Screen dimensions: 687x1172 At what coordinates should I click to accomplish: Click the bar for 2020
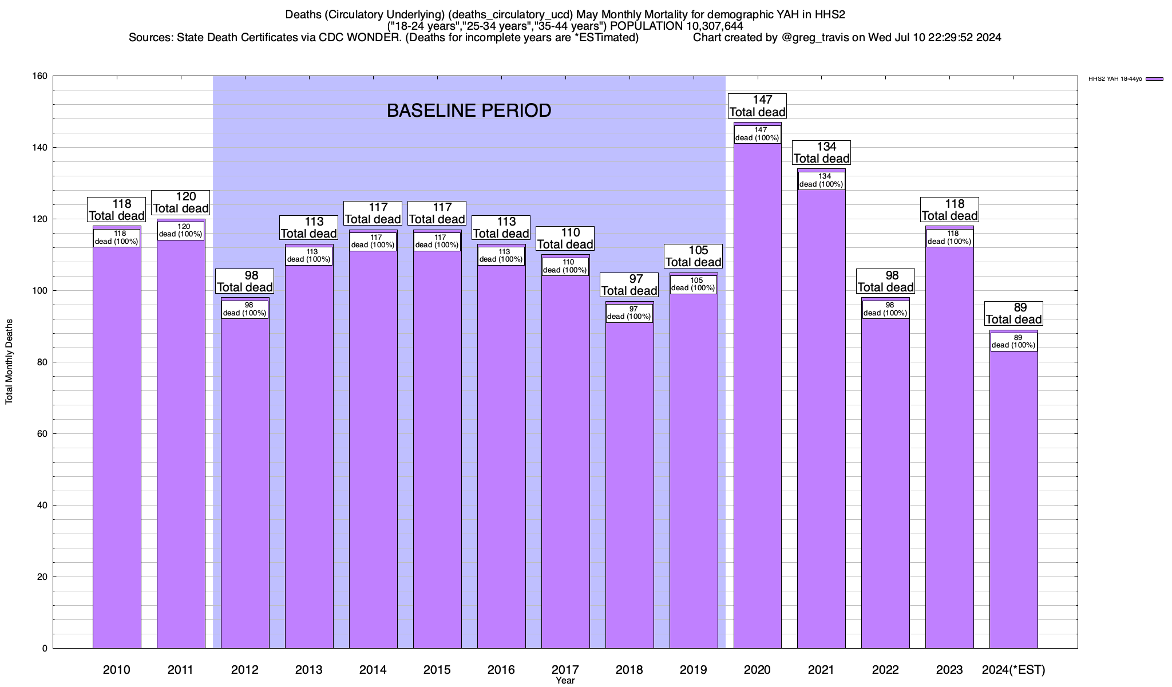click(x=757, y=401)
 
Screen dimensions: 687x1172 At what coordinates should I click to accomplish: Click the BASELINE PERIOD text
click(x=469, y=110)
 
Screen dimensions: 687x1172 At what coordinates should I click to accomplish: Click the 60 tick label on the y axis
click(x=42, y=434)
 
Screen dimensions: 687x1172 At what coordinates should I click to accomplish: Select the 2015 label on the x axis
click(x=437, y=670)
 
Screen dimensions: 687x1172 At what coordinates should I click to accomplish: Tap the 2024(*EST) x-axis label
click(x=1013, y=670)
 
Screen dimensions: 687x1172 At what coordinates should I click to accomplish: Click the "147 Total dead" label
click(x=757, y=106)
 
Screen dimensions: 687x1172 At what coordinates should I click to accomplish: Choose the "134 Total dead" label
click(x=821, y=153)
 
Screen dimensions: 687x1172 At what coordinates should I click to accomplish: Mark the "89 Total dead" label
click(x=1013, y=314)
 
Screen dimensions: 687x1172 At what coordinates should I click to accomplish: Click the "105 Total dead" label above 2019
click(x=693, y=256)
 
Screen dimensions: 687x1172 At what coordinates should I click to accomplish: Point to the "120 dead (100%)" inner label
click(x=180, y=231)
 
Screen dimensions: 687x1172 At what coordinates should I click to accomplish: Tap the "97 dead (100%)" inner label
click(x=629, y=313)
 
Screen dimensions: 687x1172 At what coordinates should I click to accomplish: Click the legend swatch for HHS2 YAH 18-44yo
click(x=1155, y=79)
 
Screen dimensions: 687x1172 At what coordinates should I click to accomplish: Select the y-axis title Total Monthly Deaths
click(x=9, y=362)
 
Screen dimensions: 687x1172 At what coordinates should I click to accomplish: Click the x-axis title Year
click(x=565, y=681)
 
